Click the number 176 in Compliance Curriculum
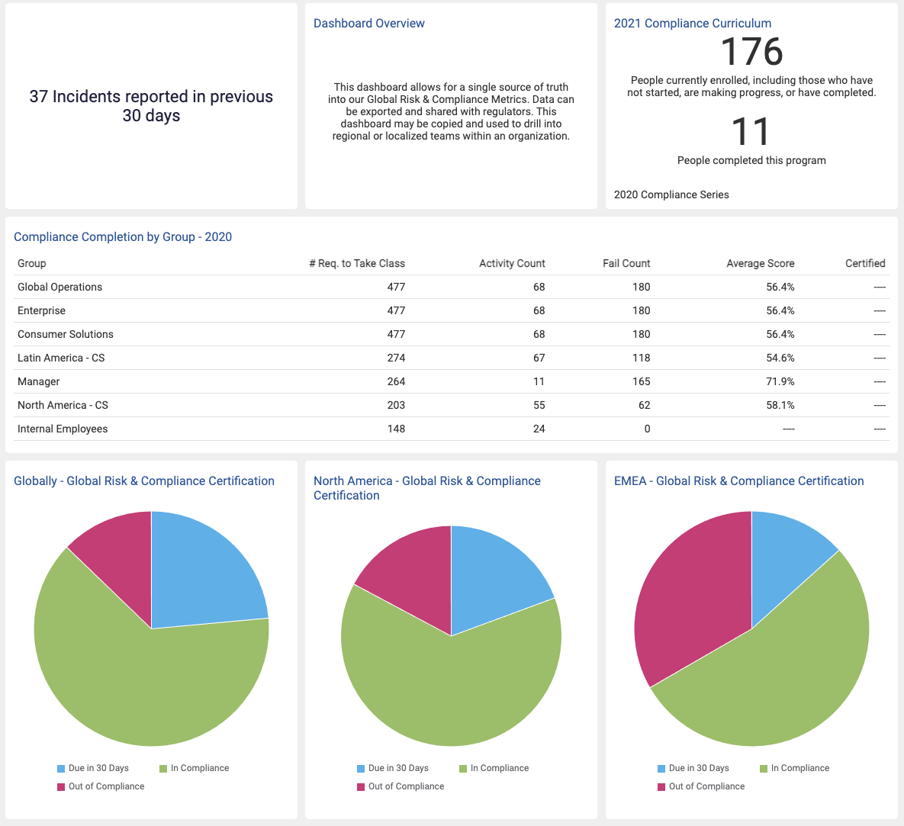pos(751,52)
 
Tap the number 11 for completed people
pos(751,132)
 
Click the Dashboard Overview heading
pos(369,24)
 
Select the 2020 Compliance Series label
pos(671,194)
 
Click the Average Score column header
pos(760,263)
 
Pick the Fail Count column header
pos(626,263)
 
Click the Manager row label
pos(39,381)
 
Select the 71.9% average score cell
pos(780,381)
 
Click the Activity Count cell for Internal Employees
pos(539,429)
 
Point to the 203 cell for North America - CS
pos(395,405)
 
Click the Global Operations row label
pos(60,287)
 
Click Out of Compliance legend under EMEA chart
pos(706,786)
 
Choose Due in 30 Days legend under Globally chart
pos(98,768)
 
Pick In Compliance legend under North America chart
pos(499,768)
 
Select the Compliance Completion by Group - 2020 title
pos(123,237)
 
